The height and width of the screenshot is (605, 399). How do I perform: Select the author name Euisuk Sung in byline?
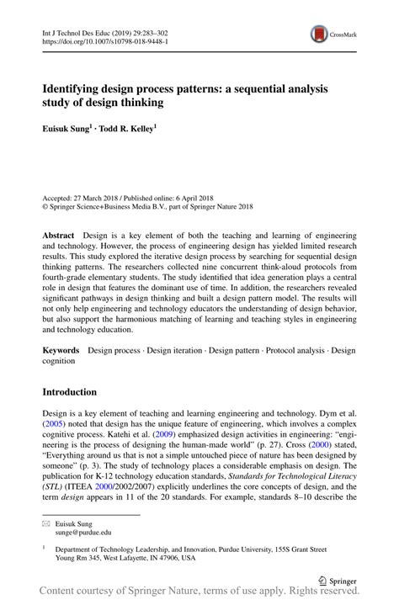(66, 130)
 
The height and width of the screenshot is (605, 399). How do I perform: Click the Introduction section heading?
(70, 392)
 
